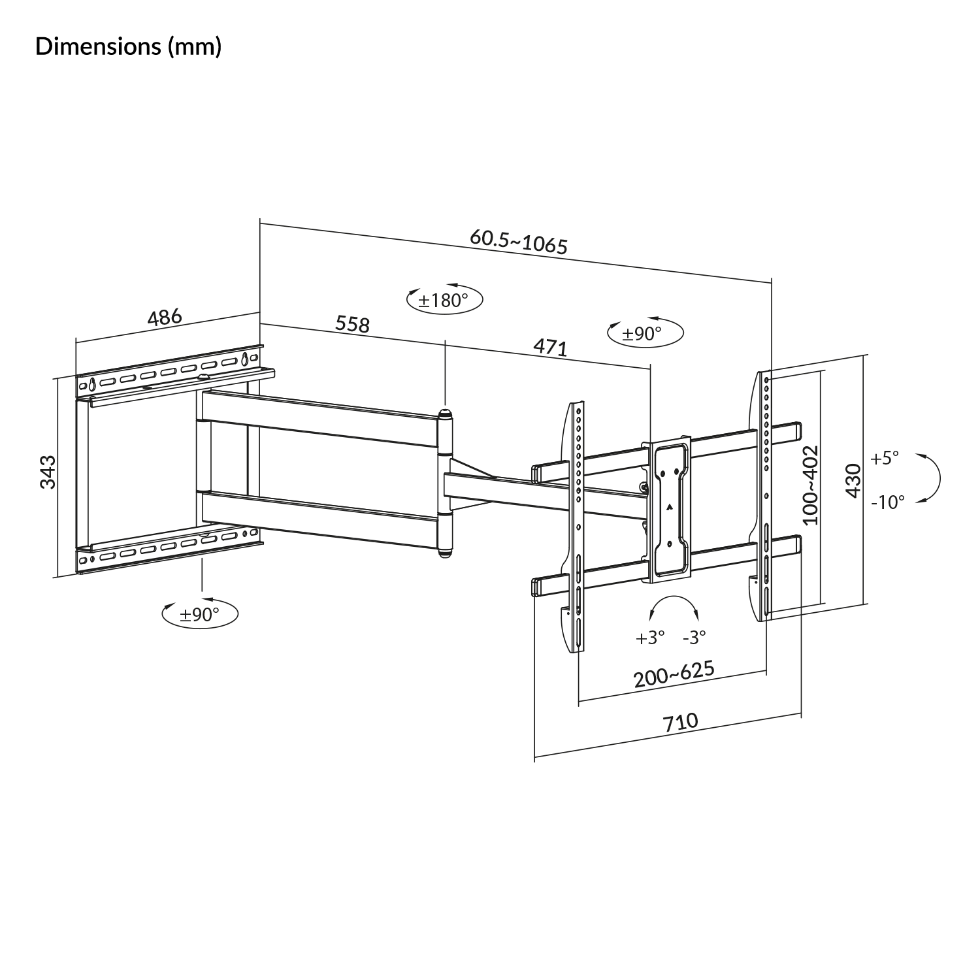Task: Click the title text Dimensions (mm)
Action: coord(129,47)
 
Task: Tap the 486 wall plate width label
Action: coord(165,318)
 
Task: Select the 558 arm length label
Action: coord(352,323)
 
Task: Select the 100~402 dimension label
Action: coord(809,485)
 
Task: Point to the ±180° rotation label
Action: coord(444,301)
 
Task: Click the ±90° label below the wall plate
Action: coord(200,614)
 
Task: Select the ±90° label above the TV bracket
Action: coord(642,333)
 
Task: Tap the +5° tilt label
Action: coord(885,458)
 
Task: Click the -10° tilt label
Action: coord(888,502)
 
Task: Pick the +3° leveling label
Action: coord(650,638)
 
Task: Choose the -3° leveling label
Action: coord(694,638)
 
